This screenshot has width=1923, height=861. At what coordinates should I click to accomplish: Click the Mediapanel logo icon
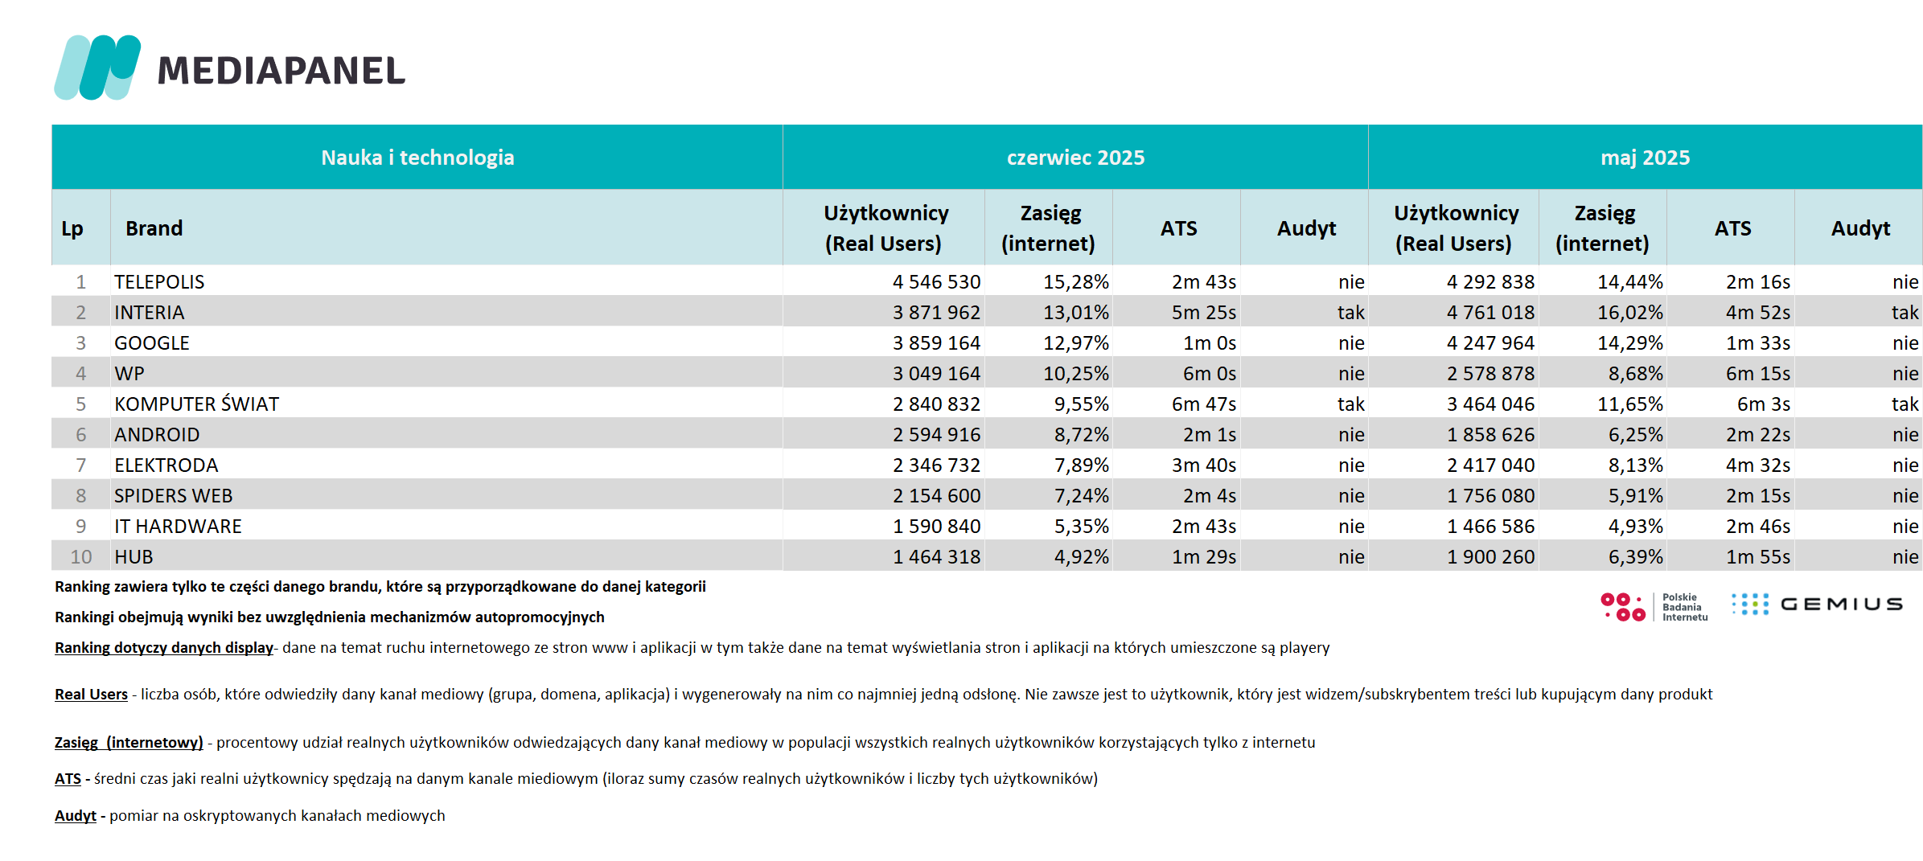(x=97, y=68)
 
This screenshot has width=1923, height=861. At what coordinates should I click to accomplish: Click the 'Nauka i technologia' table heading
(x=417, y=158)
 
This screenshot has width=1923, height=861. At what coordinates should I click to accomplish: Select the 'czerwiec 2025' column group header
(x=1075, y=158)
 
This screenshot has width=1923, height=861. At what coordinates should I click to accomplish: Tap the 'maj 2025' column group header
(x=1645, y=158)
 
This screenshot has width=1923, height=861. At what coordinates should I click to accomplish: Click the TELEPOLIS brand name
(x=159, y=282)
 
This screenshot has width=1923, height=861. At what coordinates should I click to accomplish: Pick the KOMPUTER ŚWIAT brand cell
(x=196, y=404)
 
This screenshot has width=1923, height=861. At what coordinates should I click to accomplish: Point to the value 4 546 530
(x=936, y=282)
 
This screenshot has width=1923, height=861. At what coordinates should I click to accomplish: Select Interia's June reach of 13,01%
(x=1076, y=313)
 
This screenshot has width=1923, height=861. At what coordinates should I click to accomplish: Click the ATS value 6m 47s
(x=1204, y=404)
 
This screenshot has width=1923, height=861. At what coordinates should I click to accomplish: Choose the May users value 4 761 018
(x=1490, y=313)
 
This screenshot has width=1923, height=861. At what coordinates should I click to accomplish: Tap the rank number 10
(x=81, y=557)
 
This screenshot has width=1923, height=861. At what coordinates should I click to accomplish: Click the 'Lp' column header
(x=72, y=228)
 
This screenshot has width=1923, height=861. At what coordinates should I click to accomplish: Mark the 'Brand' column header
(x=154, y=228)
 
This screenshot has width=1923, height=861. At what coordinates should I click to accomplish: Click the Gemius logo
(x=1817, y=604)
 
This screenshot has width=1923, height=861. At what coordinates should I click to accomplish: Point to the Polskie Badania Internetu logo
(x=1654, y=607)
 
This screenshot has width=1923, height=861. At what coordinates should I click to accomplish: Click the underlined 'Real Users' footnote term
(x=91, y=694)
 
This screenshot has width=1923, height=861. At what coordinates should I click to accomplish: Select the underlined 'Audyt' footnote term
(x=76, y=816)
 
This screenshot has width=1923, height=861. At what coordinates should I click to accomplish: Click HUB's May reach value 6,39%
(x=1635, y=557)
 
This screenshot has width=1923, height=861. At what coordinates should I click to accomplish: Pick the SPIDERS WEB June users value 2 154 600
(x=936, y=496)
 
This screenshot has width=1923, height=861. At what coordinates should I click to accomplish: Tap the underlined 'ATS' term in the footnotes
(x=68, y=778)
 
